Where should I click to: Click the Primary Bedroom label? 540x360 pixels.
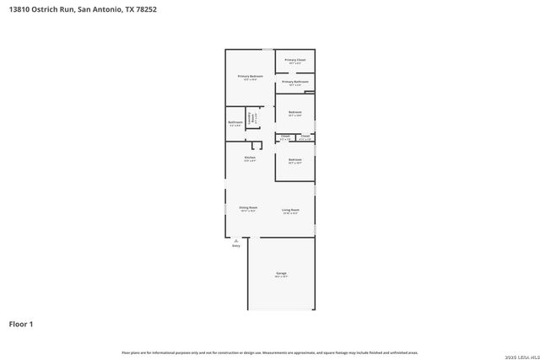click(x=251, y=77)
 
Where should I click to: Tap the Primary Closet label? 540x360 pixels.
click(x=294, y=61)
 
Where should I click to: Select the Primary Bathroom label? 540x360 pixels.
click(x=294, y=82)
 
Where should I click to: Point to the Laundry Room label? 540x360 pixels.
click(x=250, y=120)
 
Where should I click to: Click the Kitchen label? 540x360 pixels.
click(x=250, y=158)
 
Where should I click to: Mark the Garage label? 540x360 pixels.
click(x=281, y=275)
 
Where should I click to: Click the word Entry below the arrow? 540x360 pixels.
click(x=236, y=245)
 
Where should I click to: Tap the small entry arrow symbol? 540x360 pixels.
click(x=236, y=239)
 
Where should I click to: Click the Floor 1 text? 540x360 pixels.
click(x=21, y=323)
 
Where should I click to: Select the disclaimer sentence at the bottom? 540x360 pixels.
click(x=270, y=352)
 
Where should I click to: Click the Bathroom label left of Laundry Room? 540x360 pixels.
click(x=235, y=123)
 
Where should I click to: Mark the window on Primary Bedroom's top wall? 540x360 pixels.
click(x=267, y=50)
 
